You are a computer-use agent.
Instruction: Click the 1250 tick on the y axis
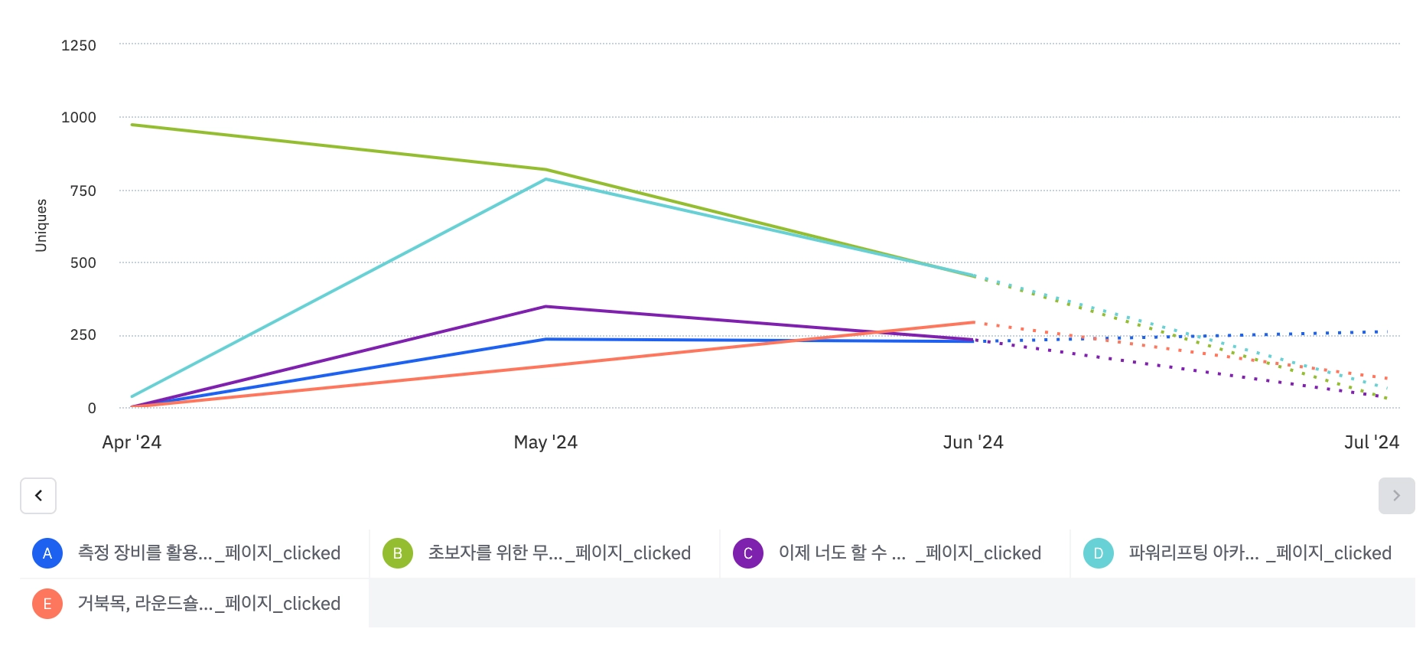click(x=79, y=46)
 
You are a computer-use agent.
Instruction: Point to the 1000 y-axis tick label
click(x=79, y=118)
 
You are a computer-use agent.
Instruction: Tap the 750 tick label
click(x=83, y=191)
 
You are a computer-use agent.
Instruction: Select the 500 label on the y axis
click(x=83, y=263)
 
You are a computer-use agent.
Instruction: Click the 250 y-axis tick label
click(x=83, y=335)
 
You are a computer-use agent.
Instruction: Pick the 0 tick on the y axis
click(x=92, y=409)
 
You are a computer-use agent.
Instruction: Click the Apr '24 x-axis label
click(x=132, y=442)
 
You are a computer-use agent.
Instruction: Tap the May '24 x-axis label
click(x=545, y=442)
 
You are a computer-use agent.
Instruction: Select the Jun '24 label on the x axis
click(x=973, y=442)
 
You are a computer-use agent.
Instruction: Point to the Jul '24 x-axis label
click(x=1372, y=442)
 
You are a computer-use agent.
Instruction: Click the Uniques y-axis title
click(x=41, y=226)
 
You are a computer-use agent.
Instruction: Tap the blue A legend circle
click(x=47, y=553)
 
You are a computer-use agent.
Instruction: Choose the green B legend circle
click(x=398, y=553)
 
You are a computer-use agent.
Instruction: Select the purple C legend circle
click(x=748, y=553)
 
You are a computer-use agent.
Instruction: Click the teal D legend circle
click(x=1099, y=553)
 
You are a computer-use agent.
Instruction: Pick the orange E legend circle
click(x=47, y=604)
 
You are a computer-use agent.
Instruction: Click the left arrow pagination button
click(x=38, y=496)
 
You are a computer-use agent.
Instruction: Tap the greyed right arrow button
click(x=1396, y=496)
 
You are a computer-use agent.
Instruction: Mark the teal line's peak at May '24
click(x=545, y=180)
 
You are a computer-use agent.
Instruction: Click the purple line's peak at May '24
click(x=545, y=307)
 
